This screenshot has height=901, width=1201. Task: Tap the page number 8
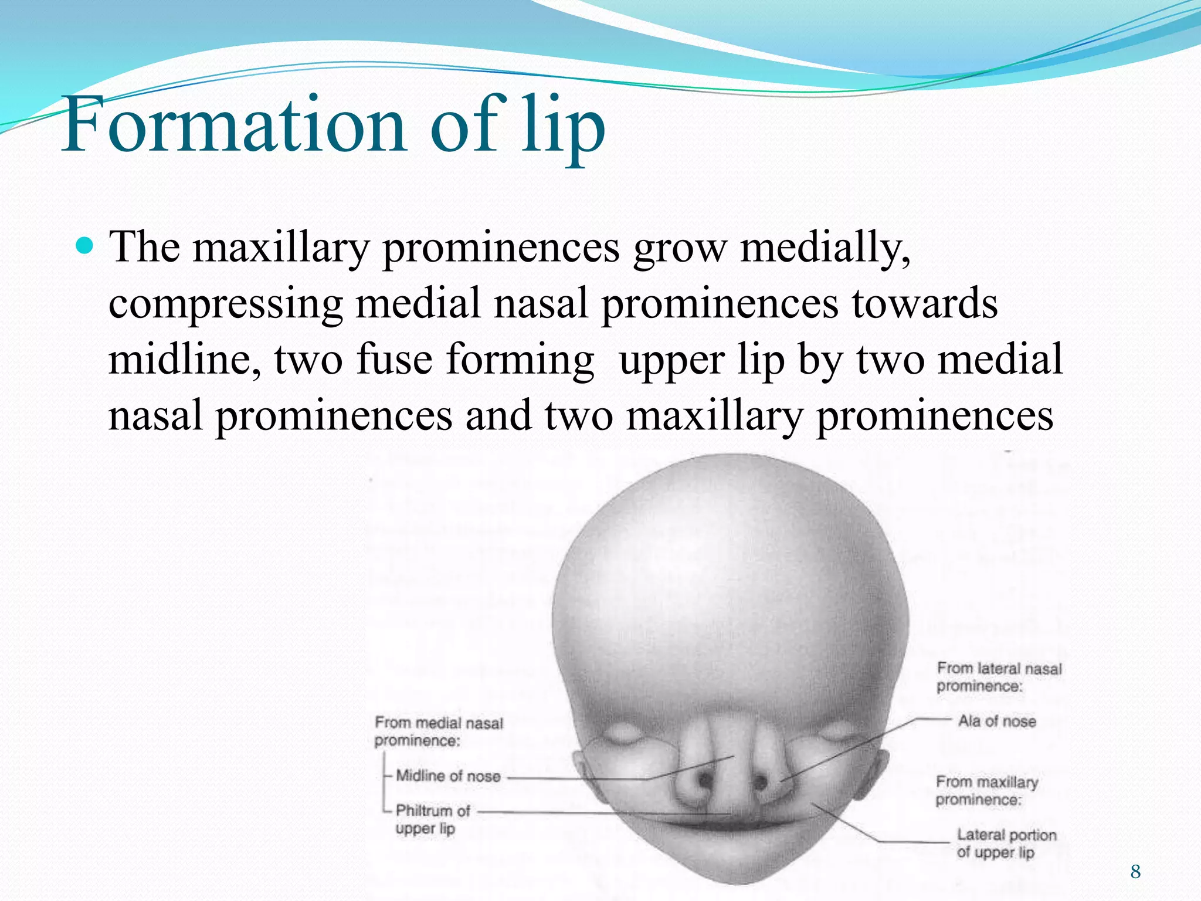coord(1135,872)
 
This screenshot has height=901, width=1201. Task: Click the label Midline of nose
coord(448,776)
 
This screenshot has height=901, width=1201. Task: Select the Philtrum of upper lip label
coord(432,819)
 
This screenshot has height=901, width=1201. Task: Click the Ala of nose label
coord(997,721)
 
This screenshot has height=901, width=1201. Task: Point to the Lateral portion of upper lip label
coord(1006,843)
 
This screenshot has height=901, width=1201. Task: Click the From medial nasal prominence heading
coord(438,731)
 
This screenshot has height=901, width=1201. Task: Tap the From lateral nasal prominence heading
coord(999,677)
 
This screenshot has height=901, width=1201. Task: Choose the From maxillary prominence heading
coord(986,790)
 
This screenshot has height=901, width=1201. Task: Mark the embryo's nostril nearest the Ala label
coord(761,782)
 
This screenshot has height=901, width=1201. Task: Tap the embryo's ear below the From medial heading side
coord(586,774)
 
